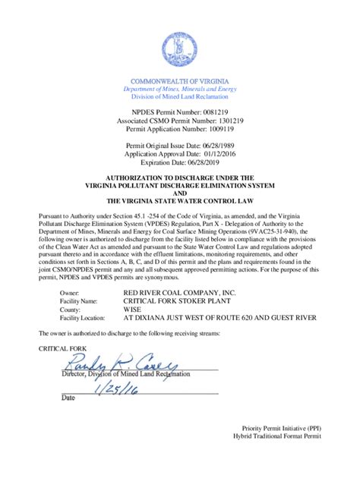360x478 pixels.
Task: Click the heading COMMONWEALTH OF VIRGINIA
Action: pyautogui.click(x=180, y=81)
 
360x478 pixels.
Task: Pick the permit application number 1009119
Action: pyautogui.click(x=220, y=129)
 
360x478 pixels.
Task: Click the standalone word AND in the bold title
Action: pyautogui.click(x=180, y=193)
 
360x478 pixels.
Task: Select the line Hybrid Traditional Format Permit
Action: pyautogui.click(x=276, y=437)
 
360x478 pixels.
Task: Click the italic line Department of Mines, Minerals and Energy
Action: pyautogui.click(x=180, y=90)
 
